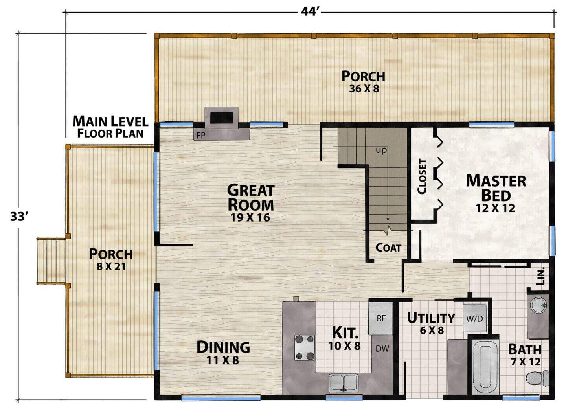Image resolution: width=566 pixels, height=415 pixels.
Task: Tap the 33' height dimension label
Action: (18, 217)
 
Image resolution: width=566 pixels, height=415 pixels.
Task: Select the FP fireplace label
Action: (201, 136)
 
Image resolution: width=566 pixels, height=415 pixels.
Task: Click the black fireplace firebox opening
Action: (221, 118)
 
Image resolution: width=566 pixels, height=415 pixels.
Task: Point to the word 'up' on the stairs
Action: (381, 151)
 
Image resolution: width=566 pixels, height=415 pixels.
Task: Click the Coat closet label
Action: (388, 248)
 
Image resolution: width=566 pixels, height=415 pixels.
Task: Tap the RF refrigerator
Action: (381, 318)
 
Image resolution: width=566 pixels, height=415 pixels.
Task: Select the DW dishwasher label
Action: (382, 349)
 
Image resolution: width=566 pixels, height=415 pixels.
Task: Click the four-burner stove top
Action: (305, 347)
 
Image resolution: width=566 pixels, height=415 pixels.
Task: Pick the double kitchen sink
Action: (344, 383)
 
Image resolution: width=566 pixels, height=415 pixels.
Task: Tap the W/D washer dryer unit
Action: (474, 318)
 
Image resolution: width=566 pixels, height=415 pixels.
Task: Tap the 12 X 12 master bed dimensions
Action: (495, 208)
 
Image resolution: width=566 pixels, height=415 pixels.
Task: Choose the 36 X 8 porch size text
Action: (364, 89)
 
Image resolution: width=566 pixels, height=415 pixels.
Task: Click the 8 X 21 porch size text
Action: (111, 266)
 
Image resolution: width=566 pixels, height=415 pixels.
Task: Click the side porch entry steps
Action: (51, 261)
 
